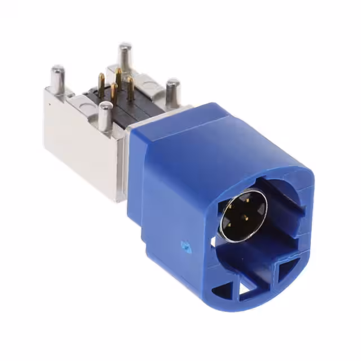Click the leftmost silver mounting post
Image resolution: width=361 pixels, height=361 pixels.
[x=58, y=79]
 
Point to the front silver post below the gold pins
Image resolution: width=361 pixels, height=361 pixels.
[x=104, y=116]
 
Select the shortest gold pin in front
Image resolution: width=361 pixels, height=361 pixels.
[x=115, y=92]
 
